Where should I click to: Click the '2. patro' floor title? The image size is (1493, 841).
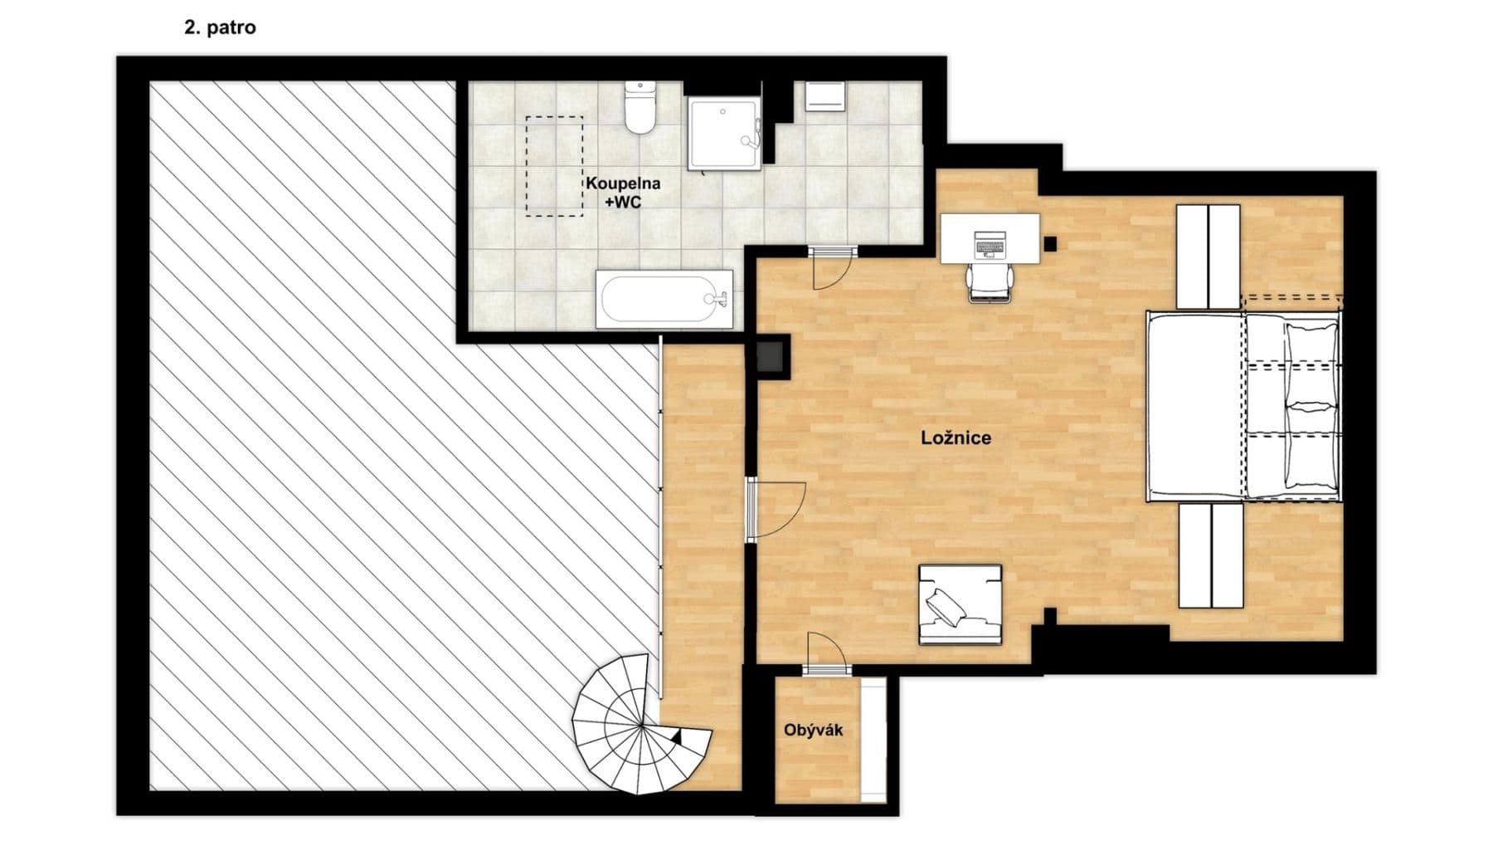[x=220, y=27]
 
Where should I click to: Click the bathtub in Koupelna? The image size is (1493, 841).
[x=664, y=299]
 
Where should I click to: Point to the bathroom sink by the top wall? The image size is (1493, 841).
[x=824, y=96]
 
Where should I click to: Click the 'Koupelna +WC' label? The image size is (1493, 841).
[x=623, y=193]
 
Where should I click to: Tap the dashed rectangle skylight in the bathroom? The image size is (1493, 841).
[x=554, y=166]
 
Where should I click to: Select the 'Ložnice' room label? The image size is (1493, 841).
[x=956, y=438]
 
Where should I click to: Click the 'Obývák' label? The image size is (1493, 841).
[x=813, y=730]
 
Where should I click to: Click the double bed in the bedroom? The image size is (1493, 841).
[x=1243, y=406]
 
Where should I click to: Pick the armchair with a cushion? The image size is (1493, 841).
[x=960, y=604]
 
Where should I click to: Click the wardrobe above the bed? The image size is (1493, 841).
[x=1209, y=256]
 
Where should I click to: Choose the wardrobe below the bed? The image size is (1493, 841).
[x=1211, y=555]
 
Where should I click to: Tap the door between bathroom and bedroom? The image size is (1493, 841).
[x=832, y=266]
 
